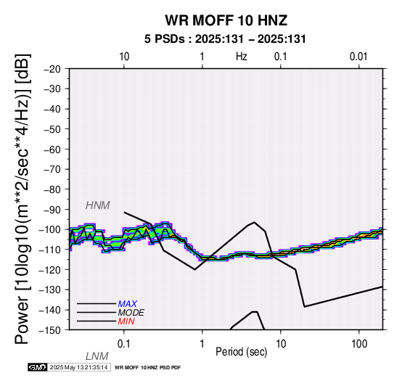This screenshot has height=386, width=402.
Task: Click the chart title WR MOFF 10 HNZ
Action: click(x=226, y=20)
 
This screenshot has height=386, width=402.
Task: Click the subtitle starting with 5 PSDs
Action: click(x=225, y=39)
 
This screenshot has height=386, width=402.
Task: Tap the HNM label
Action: click(x=98, y=205)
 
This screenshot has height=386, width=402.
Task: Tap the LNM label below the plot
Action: click(x=97, y=356)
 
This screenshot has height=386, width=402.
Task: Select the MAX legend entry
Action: click(x=128, y=304)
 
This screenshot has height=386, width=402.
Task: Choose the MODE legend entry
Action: click(x=131, y=313)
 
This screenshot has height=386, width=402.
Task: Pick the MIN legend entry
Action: click(x=126, y=321)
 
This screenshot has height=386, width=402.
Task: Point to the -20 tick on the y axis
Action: click(x=52, y=69)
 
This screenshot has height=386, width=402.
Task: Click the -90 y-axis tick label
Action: click(x=52, y=210)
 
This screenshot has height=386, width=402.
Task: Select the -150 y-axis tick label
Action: click(x=50, y=330)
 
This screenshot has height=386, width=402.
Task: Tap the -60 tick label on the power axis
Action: click(x=52, y=149)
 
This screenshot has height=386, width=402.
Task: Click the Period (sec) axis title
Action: click(x=241, y=352)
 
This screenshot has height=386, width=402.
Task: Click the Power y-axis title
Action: click(x=22, y=199)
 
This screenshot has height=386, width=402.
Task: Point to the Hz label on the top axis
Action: click(x=241, y=57)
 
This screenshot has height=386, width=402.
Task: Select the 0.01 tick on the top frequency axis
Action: click(x=358, y=57)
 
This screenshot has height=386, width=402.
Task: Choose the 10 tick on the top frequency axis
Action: click(x=124, y=57)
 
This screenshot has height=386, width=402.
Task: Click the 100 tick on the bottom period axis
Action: click(x=359, y=344)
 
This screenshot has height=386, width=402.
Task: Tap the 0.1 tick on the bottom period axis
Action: click(x=123, y=344)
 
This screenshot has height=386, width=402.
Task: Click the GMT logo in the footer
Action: click(x=38, y=367)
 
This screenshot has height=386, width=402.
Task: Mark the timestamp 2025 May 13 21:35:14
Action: click(x=78, y=367)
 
